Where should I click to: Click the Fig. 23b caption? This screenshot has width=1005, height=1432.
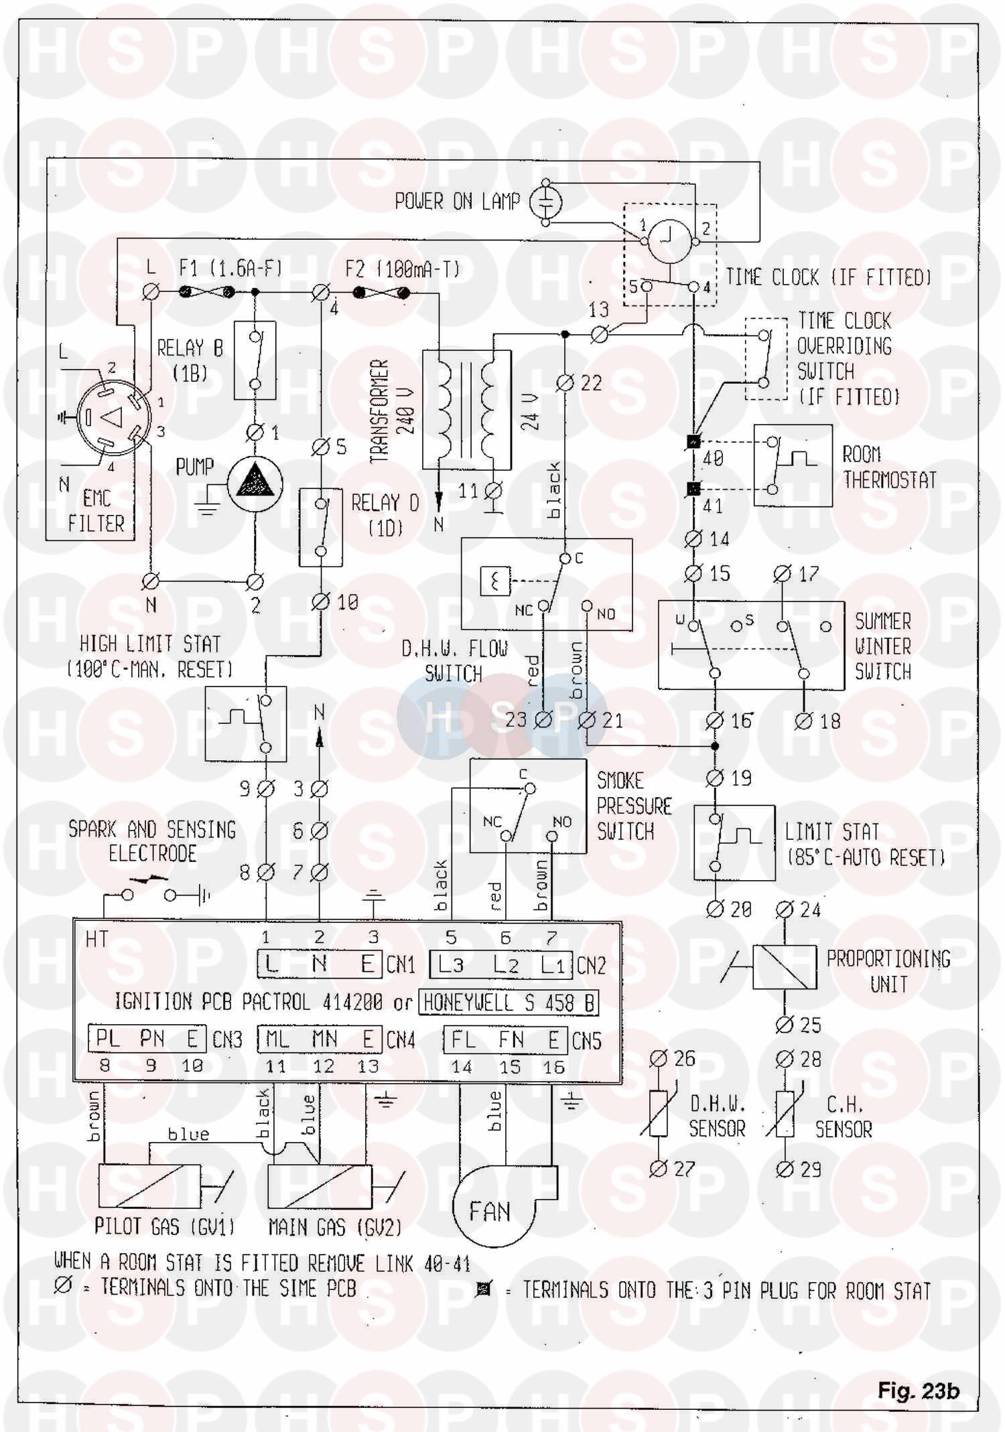coord(918,1391)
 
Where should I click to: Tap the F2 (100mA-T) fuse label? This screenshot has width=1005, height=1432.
coord(403,269)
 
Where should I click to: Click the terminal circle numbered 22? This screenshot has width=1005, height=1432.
coord(565,383)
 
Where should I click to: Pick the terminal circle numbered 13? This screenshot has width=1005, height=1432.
coord(599,334)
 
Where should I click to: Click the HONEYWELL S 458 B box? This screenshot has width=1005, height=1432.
coord(509,1003)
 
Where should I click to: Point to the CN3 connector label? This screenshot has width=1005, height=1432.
coord(227,1040)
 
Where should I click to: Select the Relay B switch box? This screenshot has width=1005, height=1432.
coord(255,360)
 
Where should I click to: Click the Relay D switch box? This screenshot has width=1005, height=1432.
coord(320,528)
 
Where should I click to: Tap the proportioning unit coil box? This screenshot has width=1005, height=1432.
coord(785,966)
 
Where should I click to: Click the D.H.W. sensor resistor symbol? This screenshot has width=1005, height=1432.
coord(658,1114)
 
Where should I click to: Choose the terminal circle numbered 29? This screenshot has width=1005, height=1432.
coord(785,1170)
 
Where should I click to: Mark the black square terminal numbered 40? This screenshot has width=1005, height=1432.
coord(693,442)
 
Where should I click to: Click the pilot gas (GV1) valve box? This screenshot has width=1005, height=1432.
coord(149,1186)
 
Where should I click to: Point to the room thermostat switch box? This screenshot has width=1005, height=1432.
coord(793,465)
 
